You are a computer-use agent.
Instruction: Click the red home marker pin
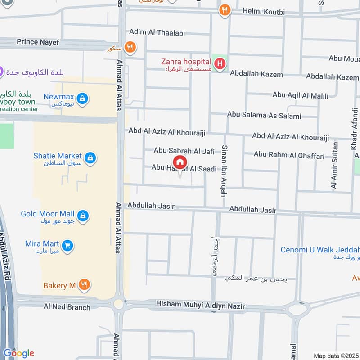pyautogui.click(x=180, y=162)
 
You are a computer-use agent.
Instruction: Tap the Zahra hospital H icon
pyautogui.click(x=220, y=64)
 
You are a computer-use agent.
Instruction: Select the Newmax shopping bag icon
pyautogui.click(x=82, y=98)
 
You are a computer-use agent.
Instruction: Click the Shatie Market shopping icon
pyautogui.click(x=90, y=157)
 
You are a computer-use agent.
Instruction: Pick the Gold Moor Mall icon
pyautogui.click(x=82, y=216)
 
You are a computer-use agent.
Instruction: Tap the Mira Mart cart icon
pyautogui.click(x=67, y=246)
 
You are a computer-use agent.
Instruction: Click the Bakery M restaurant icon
pyautogui.click(x=84, y=284)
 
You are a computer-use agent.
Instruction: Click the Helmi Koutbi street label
pyautogui.click(x=263, y=12)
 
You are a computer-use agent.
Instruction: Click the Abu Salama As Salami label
pyautogui.click(x=264, y=116)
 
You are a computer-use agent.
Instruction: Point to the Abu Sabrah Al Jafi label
pyautogui.click(x=184, y=151)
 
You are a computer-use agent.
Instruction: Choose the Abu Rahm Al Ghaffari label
pyautogui.click(x=289, y=156)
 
